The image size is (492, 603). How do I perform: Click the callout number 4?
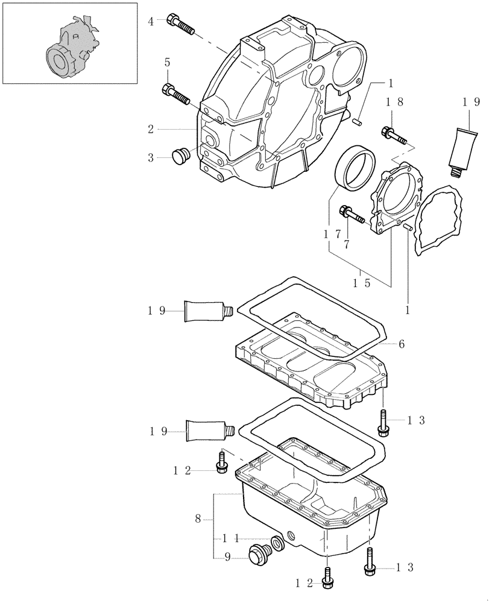[151, 22]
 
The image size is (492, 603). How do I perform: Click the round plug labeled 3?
[179, 156]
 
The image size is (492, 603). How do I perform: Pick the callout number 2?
[151, 129]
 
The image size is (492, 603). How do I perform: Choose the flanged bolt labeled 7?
[353, 214]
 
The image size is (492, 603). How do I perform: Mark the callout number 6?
[401, 344]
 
